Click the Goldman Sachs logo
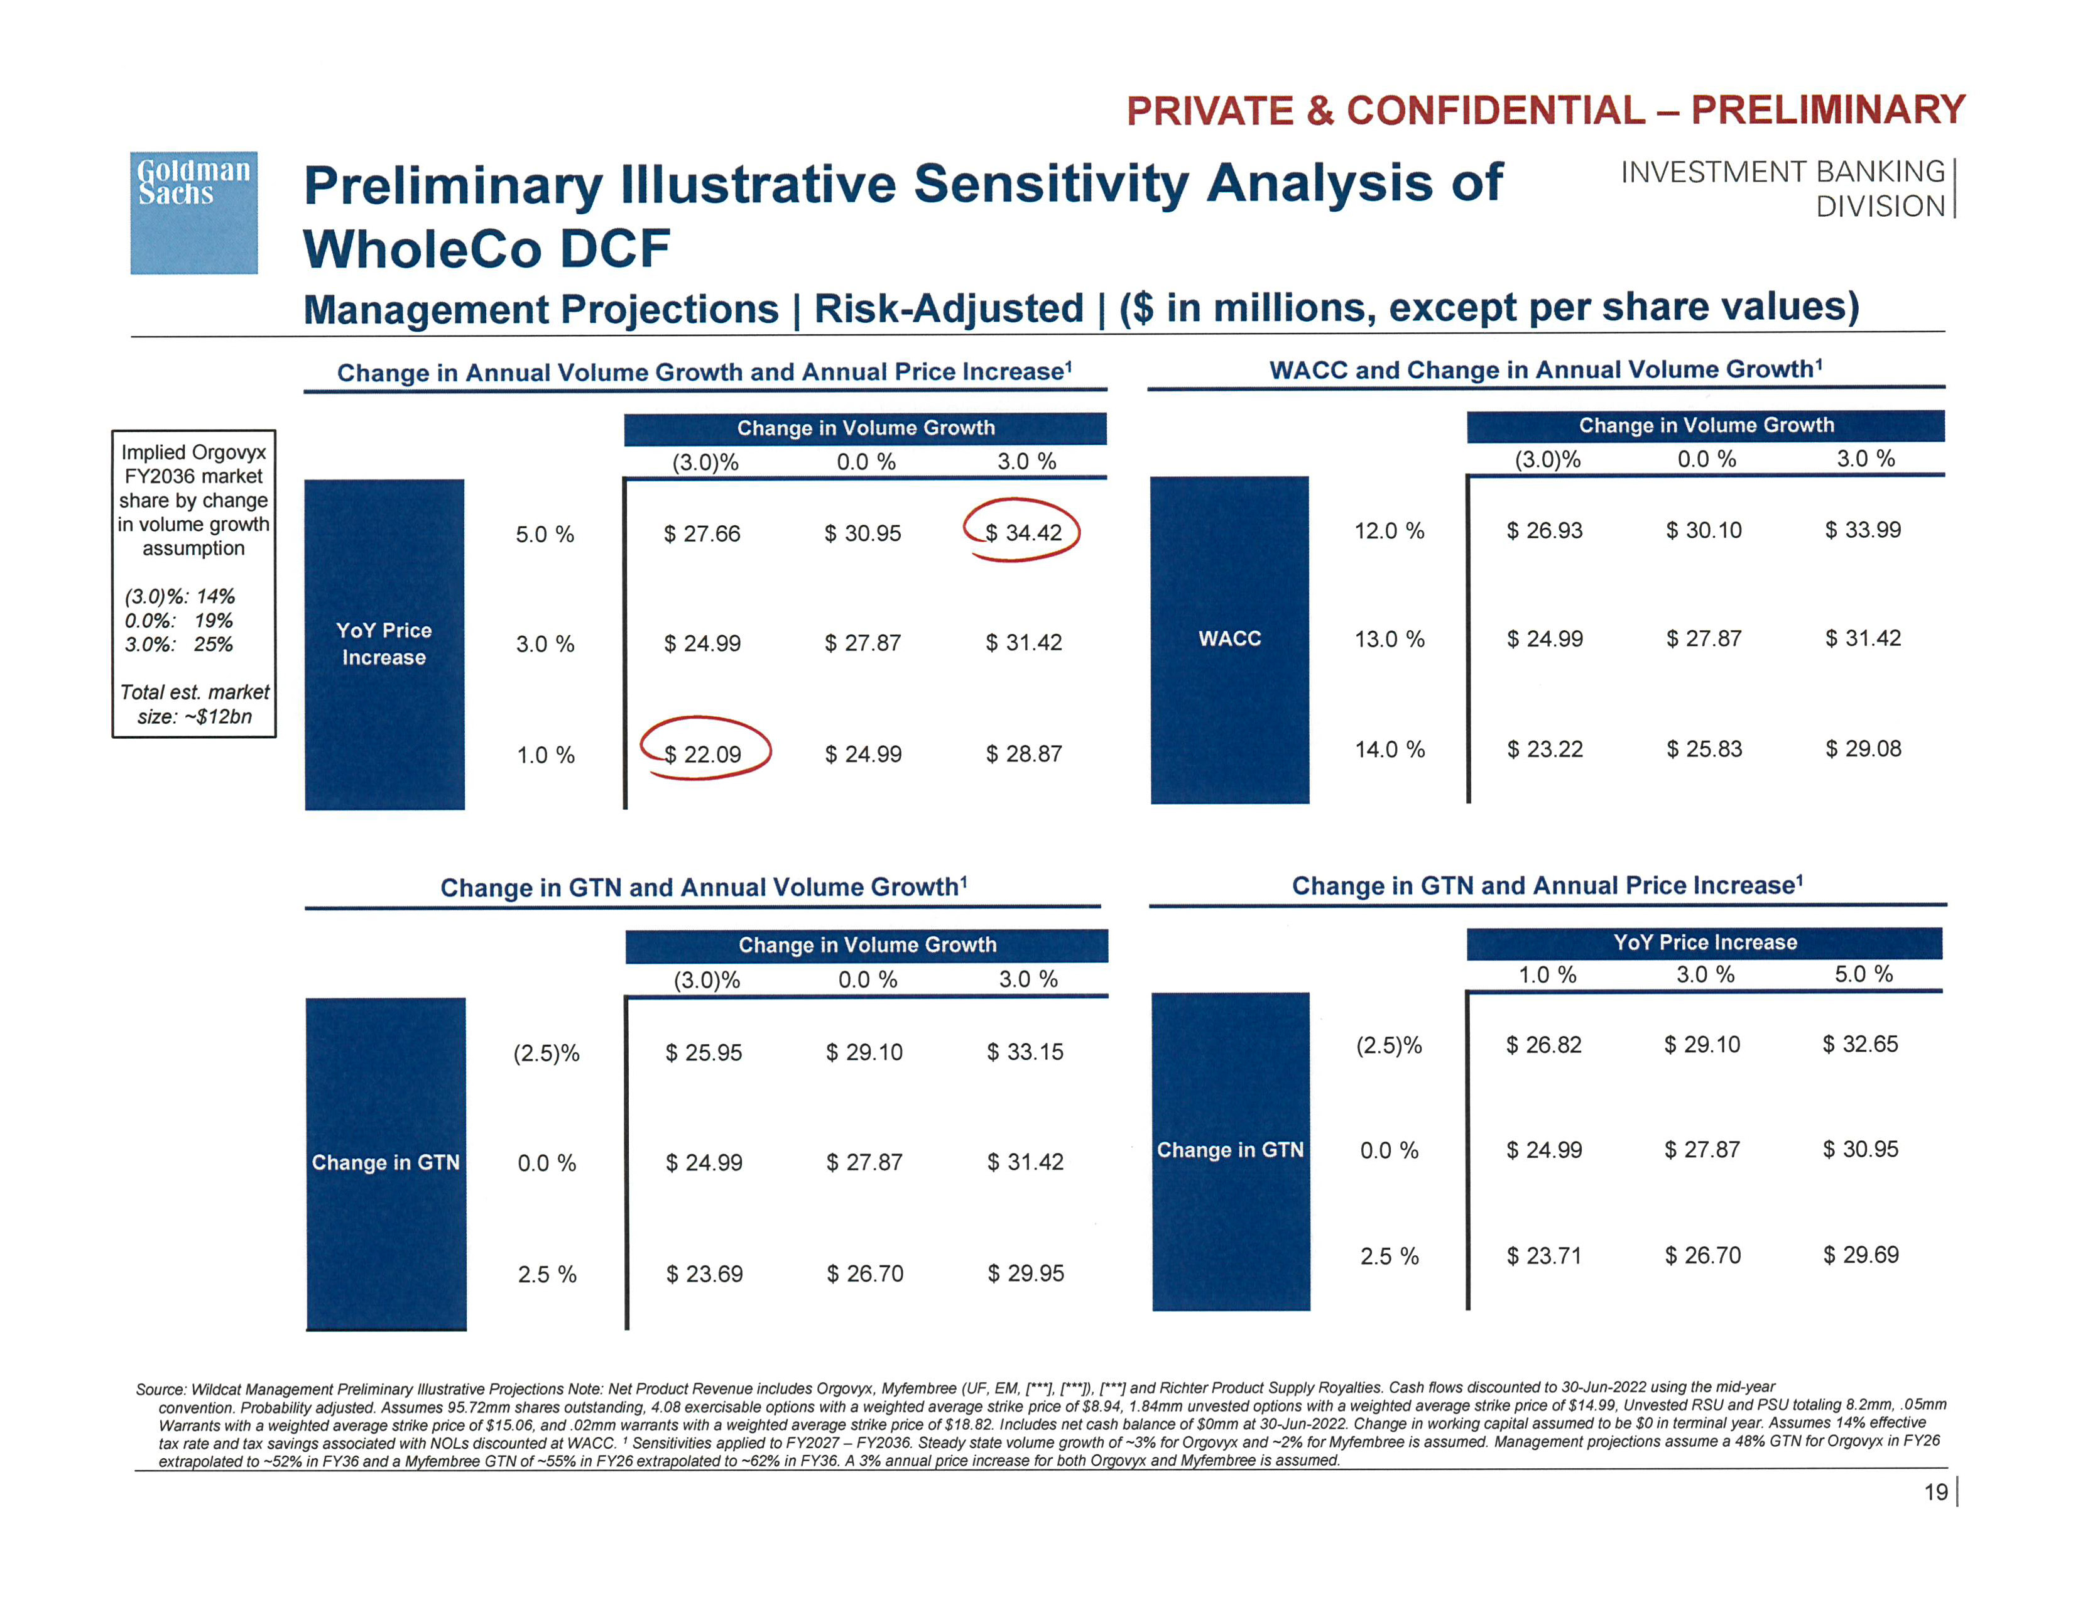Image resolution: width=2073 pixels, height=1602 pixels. [x=193, y=212]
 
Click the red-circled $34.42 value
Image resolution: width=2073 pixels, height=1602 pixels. [x=1022, y=532]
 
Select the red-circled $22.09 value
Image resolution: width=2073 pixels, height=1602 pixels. [x=702, y=755]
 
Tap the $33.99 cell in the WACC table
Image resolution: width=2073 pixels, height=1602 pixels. [x=1863, y=530]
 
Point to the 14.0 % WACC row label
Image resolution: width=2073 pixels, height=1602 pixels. [x=1389, y=749]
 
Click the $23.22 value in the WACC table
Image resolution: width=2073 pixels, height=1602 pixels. [x=1544, y=749]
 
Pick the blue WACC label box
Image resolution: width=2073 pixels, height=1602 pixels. [x=1229, y=639]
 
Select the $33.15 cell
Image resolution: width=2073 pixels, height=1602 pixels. [x=1025, y=1052]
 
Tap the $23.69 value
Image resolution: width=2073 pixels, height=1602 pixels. [x=704, y=1273]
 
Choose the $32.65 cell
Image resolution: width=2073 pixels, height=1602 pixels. [x=1859, y=1044]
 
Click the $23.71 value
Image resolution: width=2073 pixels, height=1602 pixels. [x=1543, y=1256]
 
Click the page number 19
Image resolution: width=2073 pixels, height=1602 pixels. [x=1935, y=1493]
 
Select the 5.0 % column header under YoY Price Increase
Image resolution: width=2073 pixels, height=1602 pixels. [x=1863, y=974]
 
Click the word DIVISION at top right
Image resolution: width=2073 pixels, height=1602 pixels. [x=1880, y=206]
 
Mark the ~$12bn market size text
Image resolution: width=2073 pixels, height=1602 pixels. [x=195, y=717]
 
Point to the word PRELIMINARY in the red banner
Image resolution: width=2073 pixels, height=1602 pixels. [x=1827, y=110]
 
